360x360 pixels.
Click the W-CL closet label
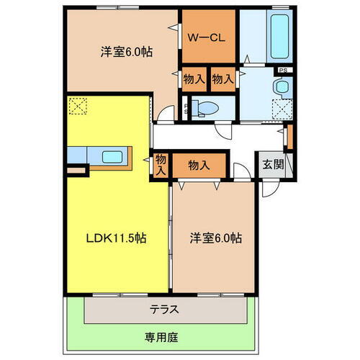pyautogui.click(x=208, y=37)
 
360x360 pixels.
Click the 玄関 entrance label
pyautogui.click(x=273, y=165)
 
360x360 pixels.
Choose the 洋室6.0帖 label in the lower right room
pyautogui.click(x=215, y=238)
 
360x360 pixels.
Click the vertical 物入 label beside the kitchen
pyautogui.click(x=161, y=166)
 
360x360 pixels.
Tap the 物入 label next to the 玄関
pyautogui.click(x=199, y=165)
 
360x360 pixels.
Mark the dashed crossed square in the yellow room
pyautogui.click(x=76, y=107)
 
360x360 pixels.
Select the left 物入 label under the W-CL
pyautogui.click(x=192, y=79)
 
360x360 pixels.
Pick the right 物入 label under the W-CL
pyautogui.click(x=222, y=79)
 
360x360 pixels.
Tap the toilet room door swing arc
pyautogui.click(x=226, y=130)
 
